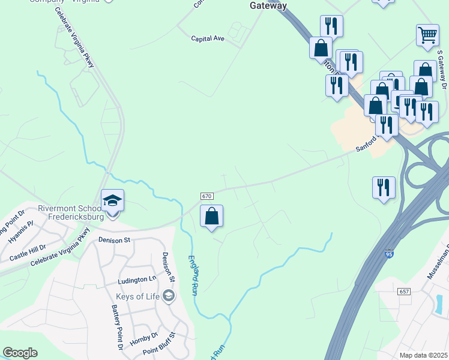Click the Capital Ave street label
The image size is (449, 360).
[x=207, y=38]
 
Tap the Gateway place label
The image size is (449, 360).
[x=268, y=5]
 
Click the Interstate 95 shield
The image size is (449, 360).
[x=390, y=254]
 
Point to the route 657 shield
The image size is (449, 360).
[x=403, y=290]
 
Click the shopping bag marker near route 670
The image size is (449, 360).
[x=211, y=216]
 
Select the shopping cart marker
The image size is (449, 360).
[x=427, y=35]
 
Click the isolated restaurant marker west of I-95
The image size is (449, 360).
[x=384, y=188]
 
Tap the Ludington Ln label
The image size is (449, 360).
[x=136, y=280]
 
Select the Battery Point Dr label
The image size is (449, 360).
[x=116, y=327]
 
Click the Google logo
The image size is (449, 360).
[x=20, y=353]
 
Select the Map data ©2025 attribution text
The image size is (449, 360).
[x=424, y=355]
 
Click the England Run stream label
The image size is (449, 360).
[x=194, y=275]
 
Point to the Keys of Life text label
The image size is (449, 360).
[x=138, y=296]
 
